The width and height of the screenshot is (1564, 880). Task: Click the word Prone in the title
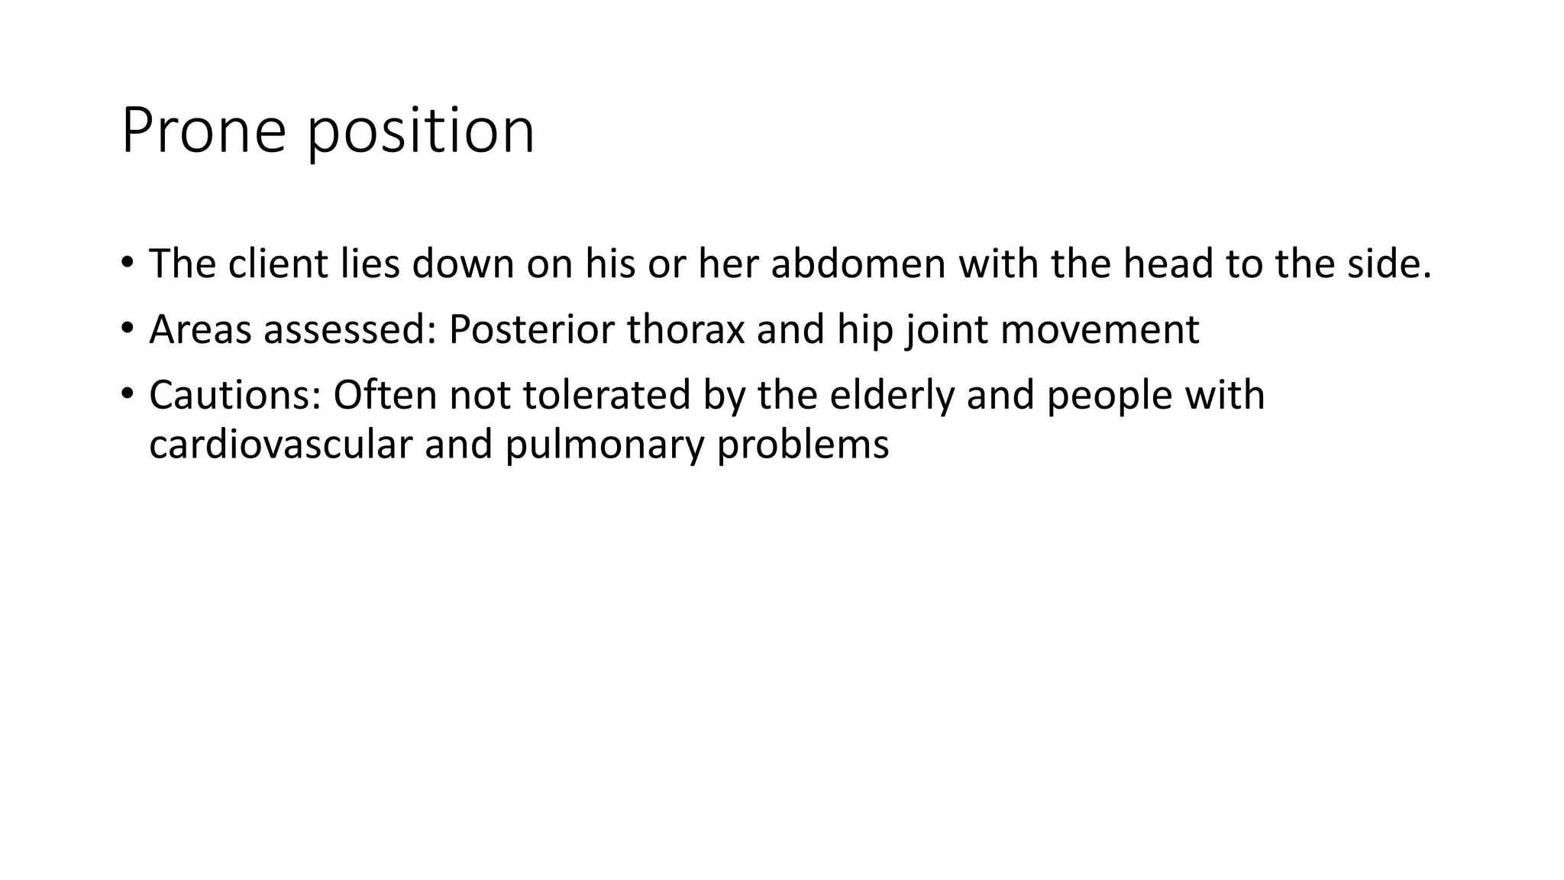point(203,131)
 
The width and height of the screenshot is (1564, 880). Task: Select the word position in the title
point(421,131)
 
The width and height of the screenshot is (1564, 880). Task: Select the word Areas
point(200,330)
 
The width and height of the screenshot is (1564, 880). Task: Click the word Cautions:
point(234,396)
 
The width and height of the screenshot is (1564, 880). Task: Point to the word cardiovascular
point(280,445)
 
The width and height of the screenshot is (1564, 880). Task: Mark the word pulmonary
point(604,445)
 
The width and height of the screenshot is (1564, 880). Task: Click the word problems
point(803,445)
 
